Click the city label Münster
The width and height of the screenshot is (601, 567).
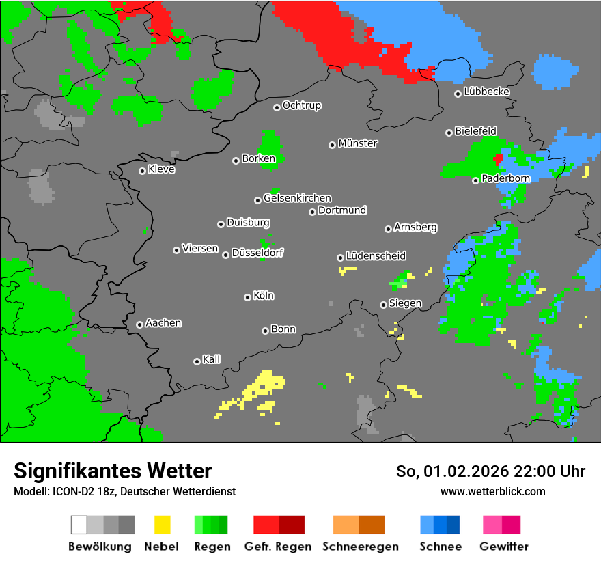coord(358,143)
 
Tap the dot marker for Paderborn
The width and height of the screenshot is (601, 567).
coord(475,180)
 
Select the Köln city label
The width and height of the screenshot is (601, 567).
coord(264,296)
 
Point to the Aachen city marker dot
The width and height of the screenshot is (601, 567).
coord(139,324)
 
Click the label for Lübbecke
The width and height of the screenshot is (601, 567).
coord(486,92)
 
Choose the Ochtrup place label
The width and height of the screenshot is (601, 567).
coord(302,105)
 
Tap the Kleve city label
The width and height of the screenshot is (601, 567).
coord(161,169)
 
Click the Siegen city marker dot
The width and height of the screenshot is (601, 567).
coord(383,305)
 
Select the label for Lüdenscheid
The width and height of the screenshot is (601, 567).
coord(376,255)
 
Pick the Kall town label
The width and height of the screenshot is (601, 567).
coord(212,359)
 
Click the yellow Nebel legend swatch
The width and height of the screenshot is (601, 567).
coord(162,525)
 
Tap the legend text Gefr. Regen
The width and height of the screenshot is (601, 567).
coord(278,547)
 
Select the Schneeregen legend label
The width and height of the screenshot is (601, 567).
coord(359,547)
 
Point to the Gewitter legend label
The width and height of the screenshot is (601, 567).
coord(504,547)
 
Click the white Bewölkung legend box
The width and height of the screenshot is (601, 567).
coord(79,525)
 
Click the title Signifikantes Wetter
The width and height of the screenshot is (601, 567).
coord(113,471)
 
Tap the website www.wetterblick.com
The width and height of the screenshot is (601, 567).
coord(492,491)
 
